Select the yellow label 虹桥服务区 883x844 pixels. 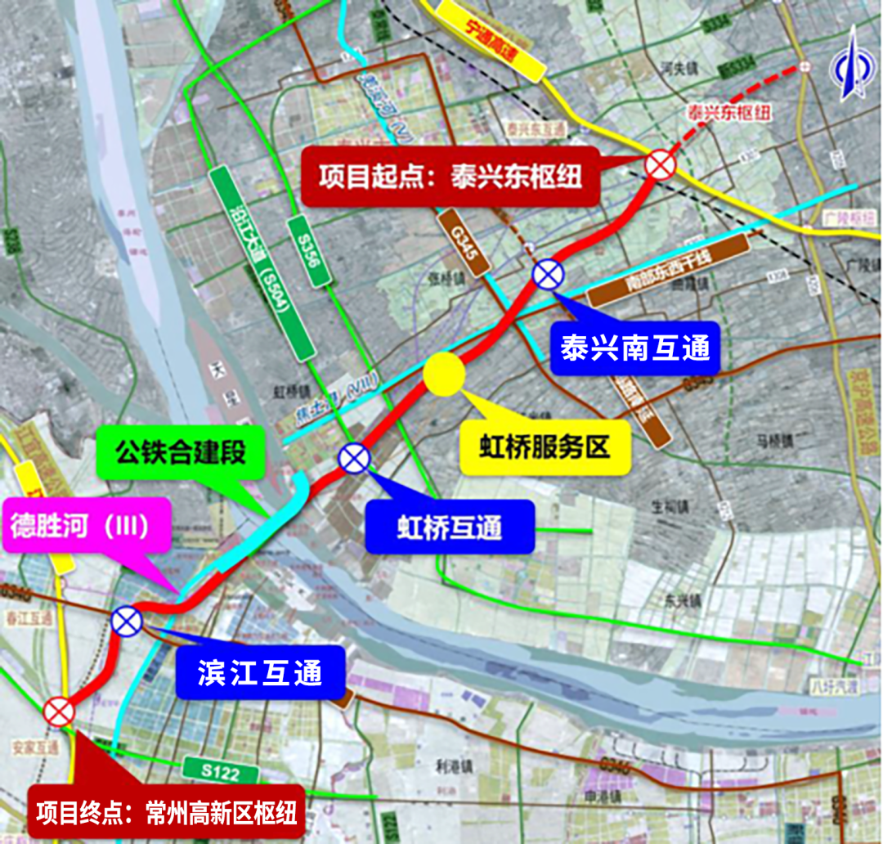point(545,447)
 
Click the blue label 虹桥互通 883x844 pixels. point(450,526)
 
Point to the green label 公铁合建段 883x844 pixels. point(181,452)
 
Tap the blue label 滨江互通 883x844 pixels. point(260,671)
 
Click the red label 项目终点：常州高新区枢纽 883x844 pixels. point(165,813)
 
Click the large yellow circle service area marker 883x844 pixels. point(445,375)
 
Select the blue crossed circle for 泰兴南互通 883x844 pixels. point(547,273)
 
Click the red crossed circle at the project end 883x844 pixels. point(59,712)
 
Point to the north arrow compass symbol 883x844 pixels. point(850,63)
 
